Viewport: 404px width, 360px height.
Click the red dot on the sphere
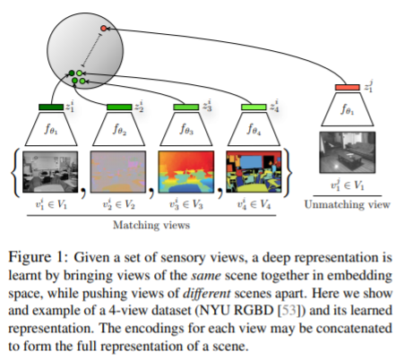(x=104, y=29)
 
